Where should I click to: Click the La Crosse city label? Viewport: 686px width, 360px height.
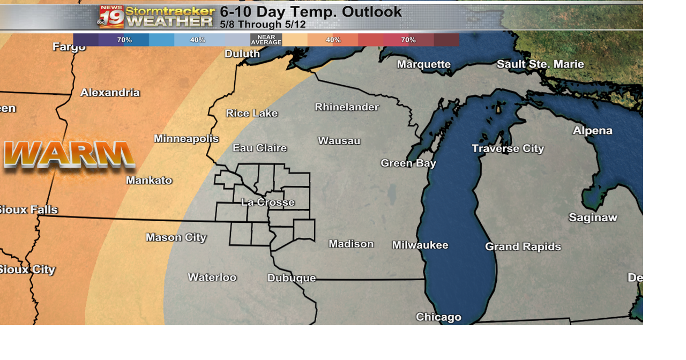point(267,202)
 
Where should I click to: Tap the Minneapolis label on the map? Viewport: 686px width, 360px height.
point(186,139)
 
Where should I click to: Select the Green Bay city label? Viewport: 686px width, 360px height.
point(408,163)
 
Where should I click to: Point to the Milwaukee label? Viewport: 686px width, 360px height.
point(420,245)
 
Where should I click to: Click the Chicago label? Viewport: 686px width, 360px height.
point(438,317)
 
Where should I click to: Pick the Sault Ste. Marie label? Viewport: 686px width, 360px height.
point(540,64)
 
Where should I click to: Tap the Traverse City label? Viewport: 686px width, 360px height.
point(508,148)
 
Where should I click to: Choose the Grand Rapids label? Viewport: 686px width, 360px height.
point(523,247)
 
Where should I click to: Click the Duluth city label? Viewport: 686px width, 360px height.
point(242,54)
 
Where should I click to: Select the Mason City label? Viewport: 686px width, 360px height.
point(176,237)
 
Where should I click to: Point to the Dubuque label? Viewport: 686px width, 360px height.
point(292,278)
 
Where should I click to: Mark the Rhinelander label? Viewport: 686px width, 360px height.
point(346,107)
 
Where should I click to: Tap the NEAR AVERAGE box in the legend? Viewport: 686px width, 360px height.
point(266,40)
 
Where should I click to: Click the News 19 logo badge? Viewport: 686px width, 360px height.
point(111,17)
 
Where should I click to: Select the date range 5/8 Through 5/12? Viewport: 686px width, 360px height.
point(263,24)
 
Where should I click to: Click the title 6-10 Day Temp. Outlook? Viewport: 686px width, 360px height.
point(310,11)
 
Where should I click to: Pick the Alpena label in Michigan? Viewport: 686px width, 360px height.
point(592,131)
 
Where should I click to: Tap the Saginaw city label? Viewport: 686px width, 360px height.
point(593,217)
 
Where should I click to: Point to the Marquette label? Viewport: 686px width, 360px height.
point(423,64)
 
